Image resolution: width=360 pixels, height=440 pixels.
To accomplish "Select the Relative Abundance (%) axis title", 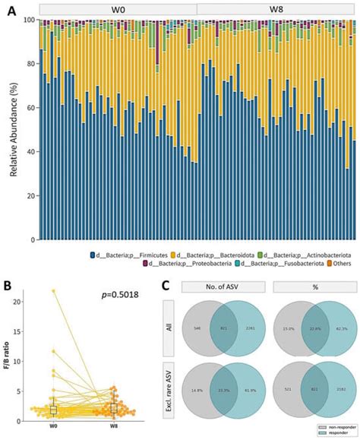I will [13, 129].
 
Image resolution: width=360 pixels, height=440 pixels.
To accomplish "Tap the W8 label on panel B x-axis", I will [113, 427].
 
